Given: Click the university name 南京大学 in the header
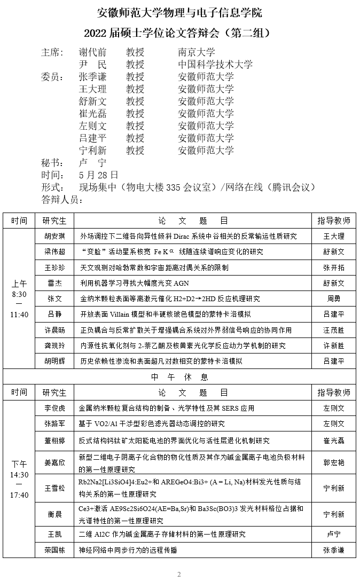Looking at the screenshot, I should click(197, 52).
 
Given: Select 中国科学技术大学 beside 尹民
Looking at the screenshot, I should click(215, 65).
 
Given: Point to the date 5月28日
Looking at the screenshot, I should click(98, 175).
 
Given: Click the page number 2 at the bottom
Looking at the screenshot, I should click(179, 575).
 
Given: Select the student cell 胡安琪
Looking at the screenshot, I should click(54, 236).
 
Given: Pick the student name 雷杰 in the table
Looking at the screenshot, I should click(54, 283).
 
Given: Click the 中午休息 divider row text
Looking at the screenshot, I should click(179, 377).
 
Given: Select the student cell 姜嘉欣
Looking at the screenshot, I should click(54, 462).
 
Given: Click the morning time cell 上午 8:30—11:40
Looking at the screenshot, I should click(19, 299).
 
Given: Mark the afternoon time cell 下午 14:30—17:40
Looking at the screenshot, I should click(19, 479).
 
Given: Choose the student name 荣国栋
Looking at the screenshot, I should click(54, 550).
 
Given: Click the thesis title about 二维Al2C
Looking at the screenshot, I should click(162, 534).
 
